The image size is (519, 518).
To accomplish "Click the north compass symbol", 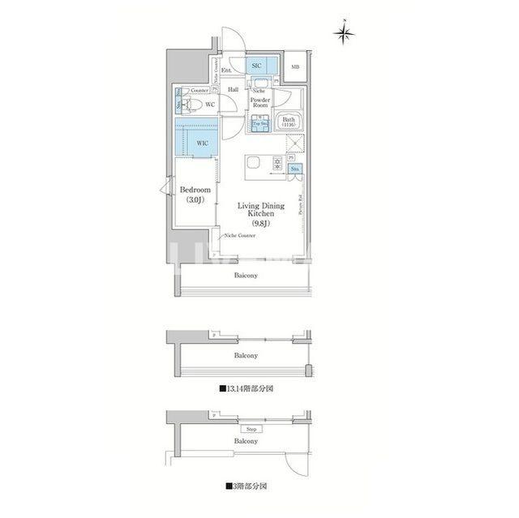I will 345,33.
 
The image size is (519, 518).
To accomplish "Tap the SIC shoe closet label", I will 255,65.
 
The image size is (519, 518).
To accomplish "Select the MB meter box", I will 294,67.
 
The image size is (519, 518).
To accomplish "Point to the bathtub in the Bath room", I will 289,122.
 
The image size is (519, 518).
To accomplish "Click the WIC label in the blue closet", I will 202,143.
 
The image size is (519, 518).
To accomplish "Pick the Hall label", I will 233,89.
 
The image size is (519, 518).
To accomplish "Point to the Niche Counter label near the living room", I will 240,235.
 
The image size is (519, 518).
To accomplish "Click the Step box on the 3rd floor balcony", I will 251,429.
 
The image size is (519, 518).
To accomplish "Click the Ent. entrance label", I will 227,70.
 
